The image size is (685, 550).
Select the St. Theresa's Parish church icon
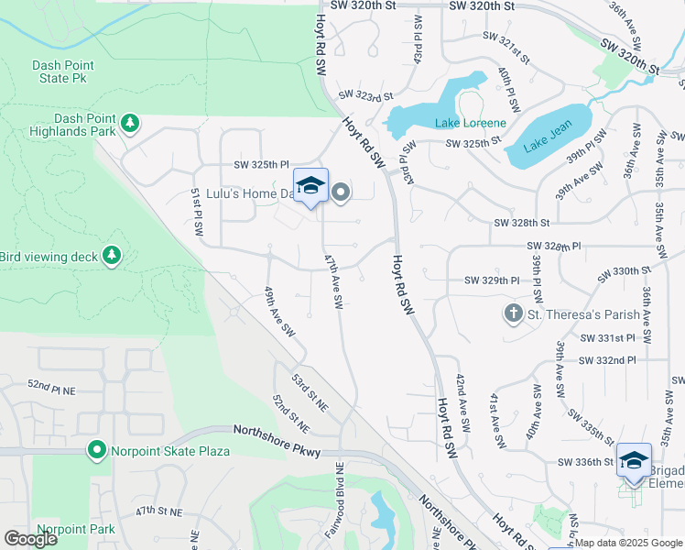[x=513, y=314]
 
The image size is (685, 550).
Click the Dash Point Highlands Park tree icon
[x=131, y=123]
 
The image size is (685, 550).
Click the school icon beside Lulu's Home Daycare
[x=310, y=185]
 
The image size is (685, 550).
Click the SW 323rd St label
[x=364, y=95]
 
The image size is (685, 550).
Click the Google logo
[x=30, y=539]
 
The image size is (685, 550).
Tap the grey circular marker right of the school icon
[x=341, y=192]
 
